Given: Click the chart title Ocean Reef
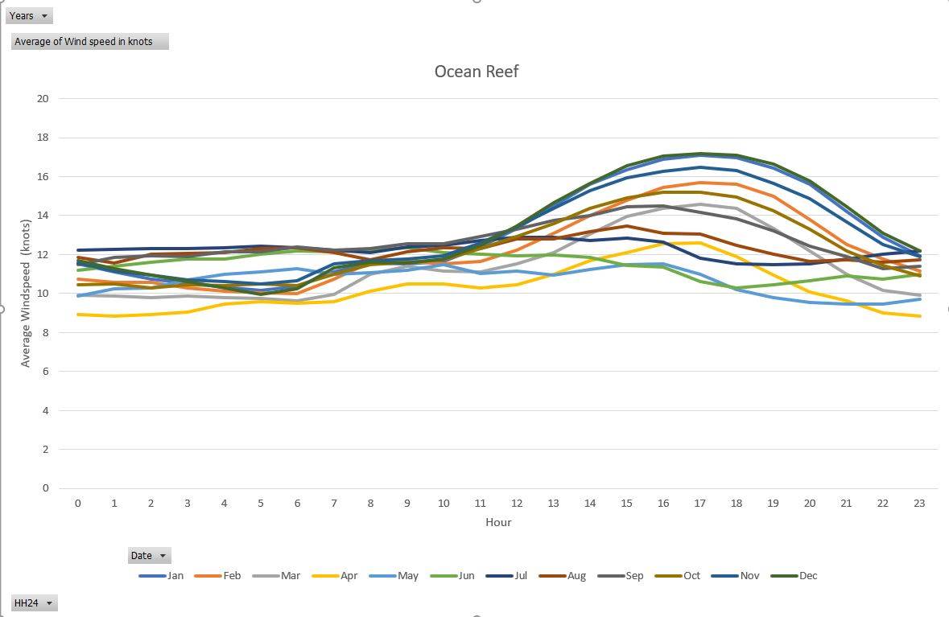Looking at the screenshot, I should [x=477, y=72].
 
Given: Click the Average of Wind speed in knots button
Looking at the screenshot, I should [x=90, y=42].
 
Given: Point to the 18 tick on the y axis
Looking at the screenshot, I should [x=42, y=138].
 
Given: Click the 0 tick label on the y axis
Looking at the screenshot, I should [x=45, y=488].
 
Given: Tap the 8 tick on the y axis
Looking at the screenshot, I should [x=45, y=332].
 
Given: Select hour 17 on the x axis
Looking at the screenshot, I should [x=700, y=504].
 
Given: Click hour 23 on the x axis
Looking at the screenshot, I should [x=919, y=504].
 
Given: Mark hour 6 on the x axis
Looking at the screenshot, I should [x=297, y=504].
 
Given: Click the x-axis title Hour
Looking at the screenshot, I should [x=498, y=522].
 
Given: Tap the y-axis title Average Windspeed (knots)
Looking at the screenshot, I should [x=25, y=294].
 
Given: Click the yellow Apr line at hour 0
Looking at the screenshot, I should [x=78, y=315].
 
